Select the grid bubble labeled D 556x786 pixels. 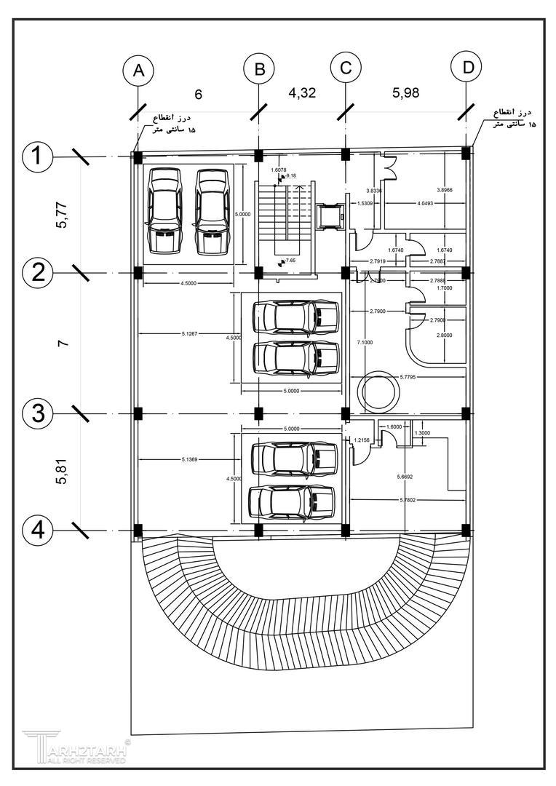[467, 68]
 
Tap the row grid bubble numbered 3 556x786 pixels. [37, 413]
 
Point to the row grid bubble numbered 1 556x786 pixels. [37, 156]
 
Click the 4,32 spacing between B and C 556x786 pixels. [303, 93]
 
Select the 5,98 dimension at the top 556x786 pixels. [406, 93]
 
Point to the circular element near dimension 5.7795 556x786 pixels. [378, 392]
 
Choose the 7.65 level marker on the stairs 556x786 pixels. [289, 260]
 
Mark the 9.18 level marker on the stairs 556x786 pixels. [290, 176]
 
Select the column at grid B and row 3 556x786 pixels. [258, 413]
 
